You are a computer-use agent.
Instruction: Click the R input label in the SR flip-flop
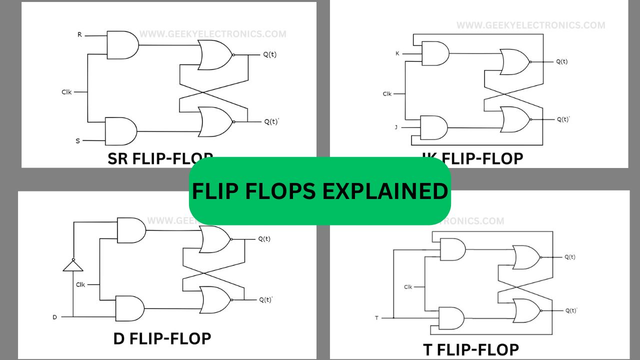click(79, 34)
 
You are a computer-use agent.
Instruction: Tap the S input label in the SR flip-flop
click(77, 141)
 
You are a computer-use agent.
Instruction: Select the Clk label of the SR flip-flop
click(67, 92)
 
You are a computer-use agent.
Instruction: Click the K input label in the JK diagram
click(397, 53)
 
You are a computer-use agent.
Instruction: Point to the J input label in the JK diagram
click(396, 127)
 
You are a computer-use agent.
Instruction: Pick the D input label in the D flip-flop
click(55, 317)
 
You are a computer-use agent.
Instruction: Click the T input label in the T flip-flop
click(376, 317)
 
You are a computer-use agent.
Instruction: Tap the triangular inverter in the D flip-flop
click(73, 264)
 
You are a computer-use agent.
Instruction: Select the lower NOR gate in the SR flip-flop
click(215, 121)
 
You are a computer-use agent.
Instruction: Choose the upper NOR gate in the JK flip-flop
click(514, 62)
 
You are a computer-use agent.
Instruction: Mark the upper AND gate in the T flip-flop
click(451, 249)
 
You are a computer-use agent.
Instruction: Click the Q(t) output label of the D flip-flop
click(264, 239)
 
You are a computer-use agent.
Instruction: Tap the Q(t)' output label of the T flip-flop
click(571, 310)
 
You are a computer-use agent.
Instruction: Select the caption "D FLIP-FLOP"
click(162, 338)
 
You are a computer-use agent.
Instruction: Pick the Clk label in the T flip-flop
click(408, 287)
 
